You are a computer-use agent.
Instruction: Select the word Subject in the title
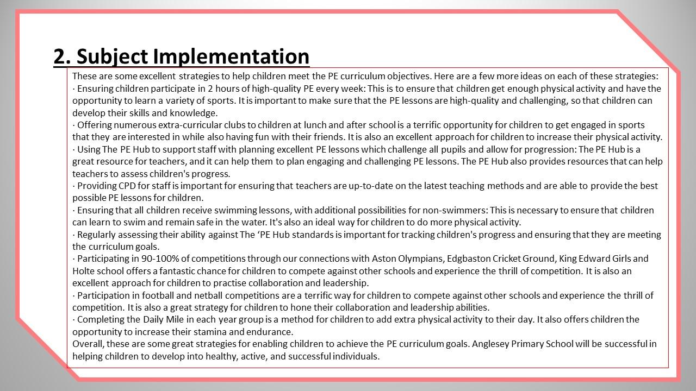112,56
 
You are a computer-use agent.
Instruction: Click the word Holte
84,271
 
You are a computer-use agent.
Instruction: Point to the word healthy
219,356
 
